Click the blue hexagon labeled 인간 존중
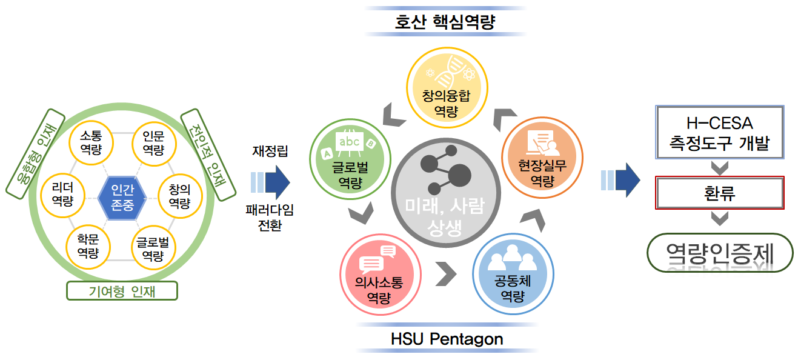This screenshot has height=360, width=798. (x=122, y=198)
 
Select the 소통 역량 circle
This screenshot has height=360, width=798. (x=91, y=143)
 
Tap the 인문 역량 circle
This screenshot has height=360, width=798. (x=154, y=144)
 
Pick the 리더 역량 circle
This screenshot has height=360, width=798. (x=62, y=195)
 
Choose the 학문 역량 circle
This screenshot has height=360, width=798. (x=88, y=247)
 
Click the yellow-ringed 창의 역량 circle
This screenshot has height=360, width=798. (x=180, y=196)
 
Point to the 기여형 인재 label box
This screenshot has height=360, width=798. (x=122, y=291)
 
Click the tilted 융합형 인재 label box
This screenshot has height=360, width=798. (x=35, y=154)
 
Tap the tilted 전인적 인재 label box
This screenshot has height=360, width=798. (x=208, y=155)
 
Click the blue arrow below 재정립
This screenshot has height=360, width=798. (x=270, y=182)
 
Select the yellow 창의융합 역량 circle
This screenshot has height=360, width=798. (x=447, y=88)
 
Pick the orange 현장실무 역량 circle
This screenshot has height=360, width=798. (x=542, y=158)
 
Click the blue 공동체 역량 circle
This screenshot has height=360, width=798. (x=513, y=274)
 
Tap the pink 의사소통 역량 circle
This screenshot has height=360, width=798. (x=381, y=275)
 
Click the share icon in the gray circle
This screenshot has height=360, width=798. (x=446, y=170)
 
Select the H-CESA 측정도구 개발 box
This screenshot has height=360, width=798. (x=720, y=132)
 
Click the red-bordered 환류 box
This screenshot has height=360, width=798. (x=720, y=193)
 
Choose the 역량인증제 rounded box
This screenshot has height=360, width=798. (x=720, y=253)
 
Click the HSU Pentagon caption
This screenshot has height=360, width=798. (x=447, y=339)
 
